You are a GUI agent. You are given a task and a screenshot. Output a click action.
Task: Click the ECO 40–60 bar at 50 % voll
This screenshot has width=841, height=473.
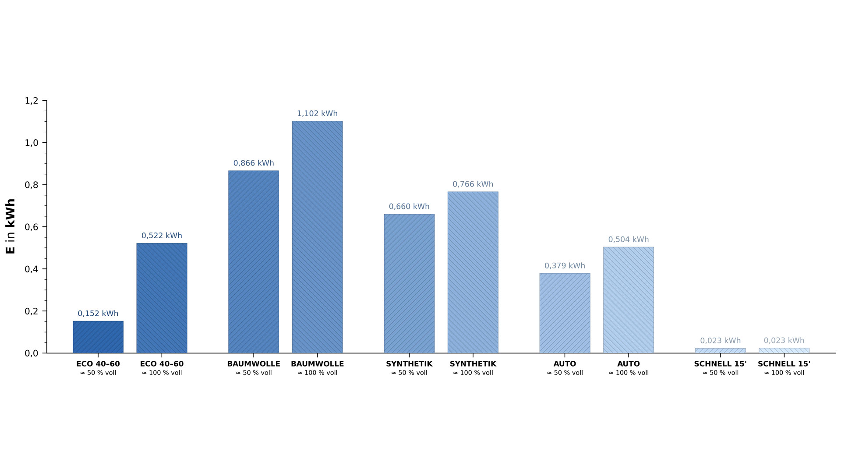tap(98, 337)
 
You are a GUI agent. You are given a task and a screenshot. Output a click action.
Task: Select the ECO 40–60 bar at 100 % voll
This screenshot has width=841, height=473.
tap(162, 298)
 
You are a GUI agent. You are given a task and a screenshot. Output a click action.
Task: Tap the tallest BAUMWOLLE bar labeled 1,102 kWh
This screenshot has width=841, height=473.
tap(317, 237)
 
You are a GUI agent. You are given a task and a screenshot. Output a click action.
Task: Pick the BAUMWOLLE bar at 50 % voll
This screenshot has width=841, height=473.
tap(254, 262)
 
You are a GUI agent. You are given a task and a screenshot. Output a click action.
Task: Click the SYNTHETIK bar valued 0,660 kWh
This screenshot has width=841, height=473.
tap(409, 283)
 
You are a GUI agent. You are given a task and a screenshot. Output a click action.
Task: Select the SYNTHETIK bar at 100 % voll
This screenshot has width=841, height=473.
tap(473, 272)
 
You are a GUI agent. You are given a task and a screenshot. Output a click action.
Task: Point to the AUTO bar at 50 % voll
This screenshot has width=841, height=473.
tap(565, 313)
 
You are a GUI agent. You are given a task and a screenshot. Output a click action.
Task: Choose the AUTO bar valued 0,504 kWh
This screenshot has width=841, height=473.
tap(629, 300)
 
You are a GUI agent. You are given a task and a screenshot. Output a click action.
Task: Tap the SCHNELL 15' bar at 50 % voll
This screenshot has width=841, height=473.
tap(720, 350)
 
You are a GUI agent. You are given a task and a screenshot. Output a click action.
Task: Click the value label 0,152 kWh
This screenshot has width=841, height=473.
tap(98, 314)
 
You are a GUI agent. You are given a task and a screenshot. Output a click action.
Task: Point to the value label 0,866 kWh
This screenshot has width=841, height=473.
tap(254, 163)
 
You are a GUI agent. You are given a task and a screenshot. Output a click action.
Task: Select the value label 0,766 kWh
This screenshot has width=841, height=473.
tap(473, 184)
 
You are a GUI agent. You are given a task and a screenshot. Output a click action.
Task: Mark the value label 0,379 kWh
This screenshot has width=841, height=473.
tap(565, 266)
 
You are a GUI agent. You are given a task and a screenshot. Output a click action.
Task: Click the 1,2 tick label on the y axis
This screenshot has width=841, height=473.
tap(32, 101)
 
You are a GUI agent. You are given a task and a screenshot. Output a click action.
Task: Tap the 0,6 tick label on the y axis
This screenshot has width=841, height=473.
tap(32, 227)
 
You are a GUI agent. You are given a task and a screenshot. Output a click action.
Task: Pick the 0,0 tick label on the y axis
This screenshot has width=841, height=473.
tap(32, 353)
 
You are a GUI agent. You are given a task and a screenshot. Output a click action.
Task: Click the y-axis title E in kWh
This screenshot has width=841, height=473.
tap(10, 226)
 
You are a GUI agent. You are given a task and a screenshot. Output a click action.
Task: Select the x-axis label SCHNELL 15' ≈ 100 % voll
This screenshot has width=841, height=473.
tap(784, 368)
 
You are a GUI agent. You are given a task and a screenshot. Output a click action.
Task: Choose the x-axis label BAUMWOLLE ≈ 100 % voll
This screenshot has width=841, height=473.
tap(317, 368)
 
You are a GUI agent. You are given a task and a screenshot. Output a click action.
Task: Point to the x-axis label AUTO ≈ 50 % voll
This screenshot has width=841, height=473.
tap(565, 368)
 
